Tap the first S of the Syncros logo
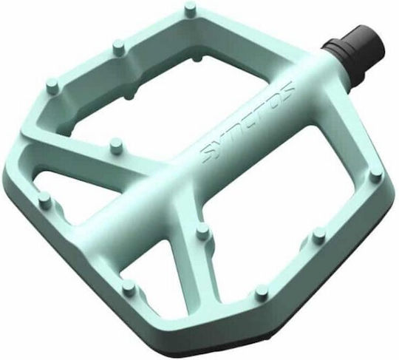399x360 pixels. pos(208,154)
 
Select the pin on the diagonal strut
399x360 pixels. pos(115,145)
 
